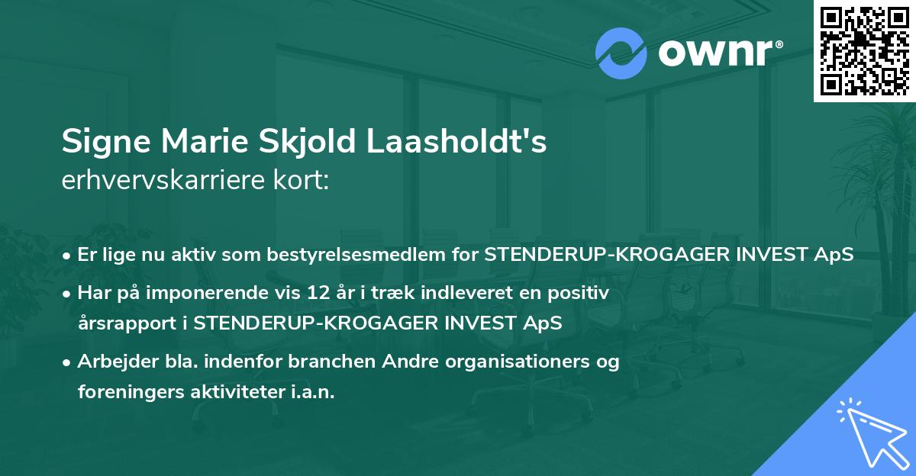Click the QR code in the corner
tap(864, 50)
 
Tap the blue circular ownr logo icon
tap(621, 53)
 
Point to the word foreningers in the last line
tap(131, 393)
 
